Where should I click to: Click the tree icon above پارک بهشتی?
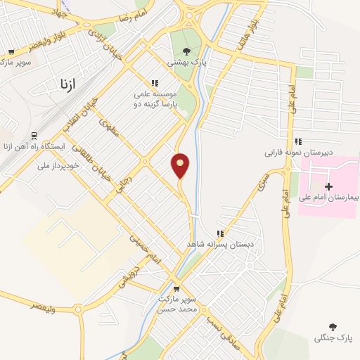[x=186, y=50]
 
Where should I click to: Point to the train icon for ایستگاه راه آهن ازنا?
[x=33, y=136]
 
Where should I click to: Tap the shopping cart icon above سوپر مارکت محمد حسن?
[x=176, y=288]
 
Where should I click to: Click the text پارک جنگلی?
[x=333, y=338]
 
